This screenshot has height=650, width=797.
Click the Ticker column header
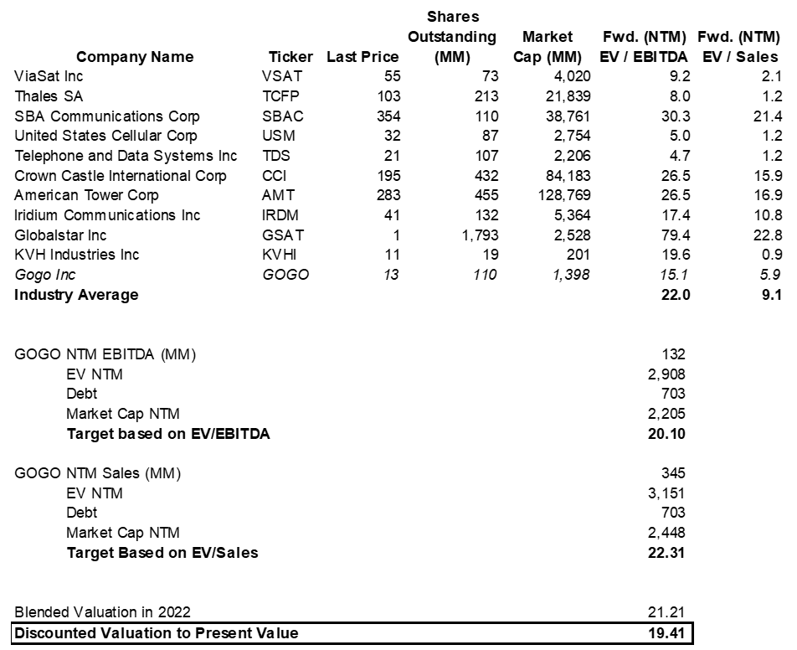point(291,57)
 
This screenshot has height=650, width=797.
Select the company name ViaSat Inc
point(49,76)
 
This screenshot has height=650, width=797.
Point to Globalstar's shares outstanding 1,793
point(480,235)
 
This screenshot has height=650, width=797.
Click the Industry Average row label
point(76,295)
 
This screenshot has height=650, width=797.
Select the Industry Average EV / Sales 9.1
point(770,295)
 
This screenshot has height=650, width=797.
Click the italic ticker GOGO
point(285,275)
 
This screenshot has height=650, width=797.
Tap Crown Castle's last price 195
point(389,176)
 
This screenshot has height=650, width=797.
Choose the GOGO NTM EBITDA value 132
point(673,354)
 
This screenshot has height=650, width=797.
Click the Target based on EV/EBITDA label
point(168,434)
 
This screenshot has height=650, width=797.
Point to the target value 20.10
point(669,434)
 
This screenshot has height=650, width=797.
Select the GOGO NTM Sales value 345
point(673,473)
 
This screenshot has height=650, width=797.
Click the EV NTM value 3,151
point(667,493)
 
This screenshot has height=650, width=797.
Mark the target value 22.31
point(669,553)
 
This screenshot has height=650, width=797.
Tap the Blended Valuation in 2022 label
point(108,612)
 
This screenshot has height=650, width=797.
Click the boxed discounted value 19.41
point(669,632)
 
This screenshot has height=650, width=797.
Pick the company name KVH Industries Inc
point(77,255)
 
